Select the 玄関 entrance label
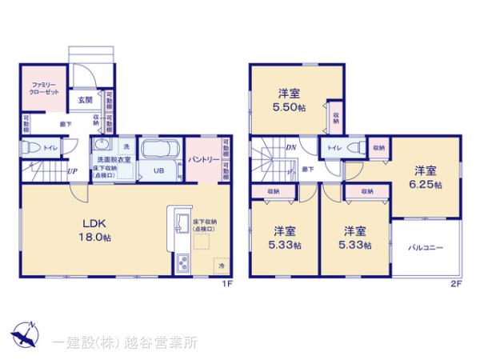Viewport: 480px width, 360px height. pyautogui.click(x=84, y=100)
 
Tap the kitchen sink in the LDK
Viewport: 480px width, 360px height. pyautogui.click(x=180, y=223)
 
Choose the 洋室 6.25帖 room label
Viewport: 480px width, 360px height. pyautogui.click(x=426, y=176)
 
